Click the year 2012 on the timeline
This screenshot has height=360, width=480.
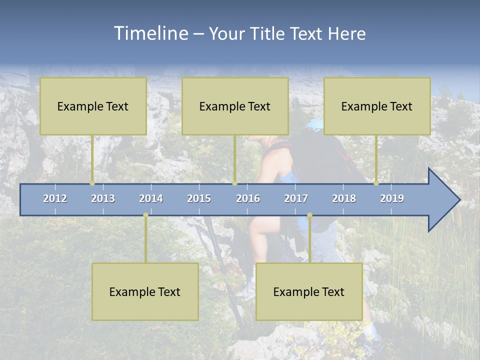click(x=55, y=198)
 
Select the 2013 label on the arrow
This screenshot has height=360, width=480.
click(x=103, y=198)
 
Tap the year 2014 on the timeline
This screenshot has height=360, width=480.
click(x=151, y=198)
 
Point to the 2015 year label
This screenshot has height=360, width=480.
click(x=199, y=198)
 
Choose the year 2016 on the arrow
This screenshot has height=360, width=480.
click(x=248, y=198)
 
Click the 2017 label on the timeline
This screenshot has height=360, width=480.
click(x=296, y=198)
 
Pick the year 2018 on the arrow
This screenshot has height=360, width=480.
click(x=344, y=198)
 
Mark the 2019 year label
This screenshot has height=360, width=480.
click(x=392, y=198)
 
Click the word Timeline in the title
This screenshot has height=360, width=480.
click(x=150, y=33)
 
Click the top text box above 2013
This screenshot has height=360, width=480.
click(x=93, y=106)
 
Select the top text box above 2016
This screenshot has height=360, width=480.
click(x=235, y=106)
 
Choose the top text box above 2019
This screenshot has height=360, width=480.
click(x=377, y=106)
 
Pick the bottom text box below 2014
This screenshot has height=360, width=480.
click(x=145, y=292)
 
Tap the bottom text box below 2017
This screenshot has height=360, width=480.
click(x=309, y=292)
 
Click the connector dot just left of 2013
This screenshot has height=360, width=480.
click(x=92, y=183)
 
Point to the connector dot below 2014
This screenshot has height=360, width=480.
click(x=145, y=215)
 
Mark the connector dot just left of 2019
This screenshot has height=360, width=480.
click(x=376, y=183)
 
